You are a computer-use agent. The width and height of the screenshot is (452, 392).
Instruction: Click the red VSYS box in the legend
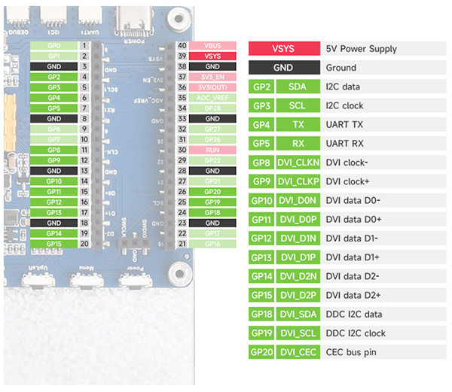tap(282, 49)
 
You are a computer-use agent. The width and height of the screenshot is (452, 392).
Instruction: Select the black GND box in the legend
tap(282, 68)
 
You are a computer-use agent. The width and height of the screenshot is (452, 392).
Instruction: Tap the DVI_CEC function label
tap(298, 352)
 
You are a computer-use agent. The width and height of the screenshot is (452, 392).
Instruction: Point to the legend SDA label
tap(298, 87)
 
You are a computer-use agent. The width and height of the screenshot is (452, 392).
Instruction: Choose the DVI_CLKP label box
tap(298, 181)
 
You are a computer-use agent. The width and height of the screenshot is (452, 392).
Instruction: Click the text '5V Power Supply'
tap(362, 49)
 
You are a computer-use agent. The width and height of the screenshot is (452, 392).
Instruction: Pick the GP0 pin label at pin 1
tap(53, 46)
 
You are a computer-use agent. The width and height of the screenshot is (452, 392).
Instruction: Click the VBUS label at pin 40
tap(212, 46)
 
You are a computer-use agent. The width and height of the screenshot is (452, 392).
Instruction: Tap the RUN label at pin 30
tap(212, 150)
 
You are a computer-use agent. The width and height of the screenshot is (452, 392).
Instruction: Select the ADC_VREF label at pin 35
tap(212, 98)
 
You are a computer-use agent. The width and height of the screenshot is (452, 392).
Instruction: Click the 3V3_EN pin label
tap(212, 77)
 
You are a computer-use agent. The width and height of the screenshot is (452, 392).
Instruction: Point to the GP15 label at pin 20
tap(53, 244)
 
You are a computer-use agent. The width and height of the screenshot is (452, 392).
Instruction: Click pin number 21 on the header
tap(182, 244)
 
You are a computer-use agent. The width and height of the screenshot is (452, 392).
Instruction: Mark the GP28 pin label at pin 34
tap(212, 108)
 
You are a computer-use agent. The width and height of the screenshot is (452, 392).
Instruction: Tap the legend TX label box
tap(298, 124)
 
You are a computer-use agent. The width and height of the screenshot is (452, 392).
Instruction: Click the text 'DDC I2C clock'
tap(356, 333)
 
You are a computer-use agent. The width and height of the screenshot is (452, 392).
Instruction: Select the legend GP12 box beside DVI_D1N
tap(261, 239)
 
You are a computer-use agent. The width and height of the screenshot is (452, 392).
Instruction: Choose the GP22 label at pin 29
tap(212, 160)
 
